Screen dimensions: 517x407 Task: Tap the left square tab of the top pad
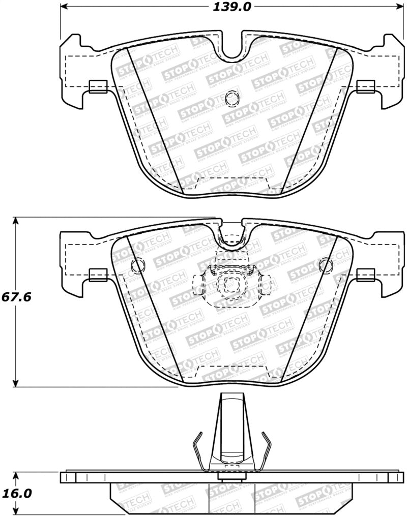click(x=97, y=87)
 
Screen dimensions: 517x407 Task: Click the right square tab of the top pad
click(x=365, y=87)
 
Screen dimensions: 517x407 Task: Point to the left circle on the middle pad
click(x=138, y=264)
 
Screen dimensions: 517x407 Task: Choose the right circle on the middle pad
click(x=326, y=264)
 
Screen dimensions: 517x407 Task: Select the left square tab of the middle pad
click(x=97, y=275)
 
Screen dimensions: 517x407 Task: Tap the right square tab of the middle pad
click(x=365, y=275)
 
